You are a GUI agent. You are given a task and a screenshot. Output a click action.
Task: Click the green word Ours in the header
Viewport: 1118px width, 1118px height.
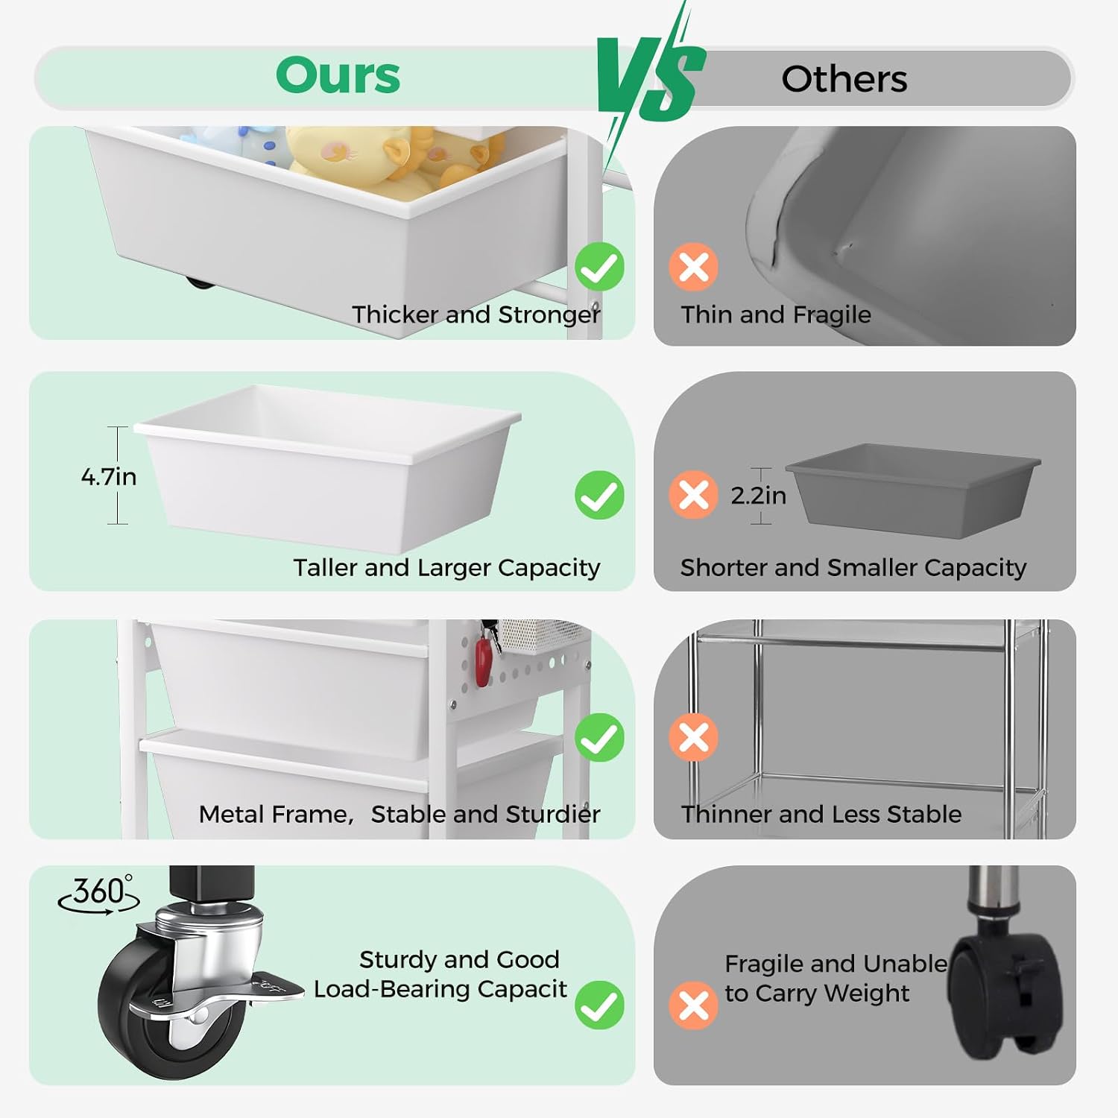click(338, 75)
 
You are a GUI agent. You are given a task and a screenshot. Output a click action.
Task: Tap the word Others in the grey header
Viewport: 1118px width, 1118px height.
click(844, 79)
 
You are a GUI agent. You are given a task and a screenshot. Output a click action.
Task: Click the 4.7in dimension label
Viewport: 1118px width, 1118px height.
click(109, 476)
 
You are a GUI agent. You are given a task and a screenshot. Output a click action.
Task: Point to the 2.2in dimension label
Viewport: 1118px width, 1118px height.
click(758, 495)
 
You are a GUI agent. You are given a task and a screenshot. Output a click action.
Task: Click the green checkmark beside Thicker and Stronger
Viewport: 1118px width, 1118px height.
click(599, 267)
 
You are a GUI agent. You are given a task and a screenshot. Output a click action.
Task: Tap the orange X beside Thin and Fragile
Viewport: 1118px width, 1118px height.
click(693, 267)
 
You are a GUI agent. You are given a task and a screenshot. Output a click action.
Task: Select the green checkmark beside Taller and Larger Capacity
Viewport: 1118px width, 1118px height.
click(599, 495)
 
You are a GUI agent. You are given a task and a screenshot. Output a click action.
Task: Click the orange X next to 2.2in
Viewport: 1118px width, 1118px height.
click(693, 495)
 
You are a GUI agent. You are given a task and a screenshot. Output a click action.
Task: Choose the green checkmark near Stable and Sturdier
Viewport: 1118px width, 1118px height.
click(599, 738)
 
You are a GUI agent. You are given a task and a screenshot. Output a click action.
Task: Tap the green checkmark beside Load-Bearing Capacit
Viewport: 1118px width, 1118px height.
click(599, 1005)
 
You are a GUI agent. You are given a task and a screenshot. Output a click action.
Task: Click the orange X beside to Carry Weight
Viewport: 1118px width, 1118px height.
click(693, 1005)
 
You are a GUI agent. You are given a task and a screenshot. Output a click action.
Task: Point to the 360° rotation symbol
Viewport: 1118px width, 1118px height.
click(99, 893)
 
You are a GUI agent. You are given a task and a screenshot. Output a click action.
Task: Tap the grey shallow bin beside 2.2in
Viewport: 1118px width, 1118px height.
click(913, 490)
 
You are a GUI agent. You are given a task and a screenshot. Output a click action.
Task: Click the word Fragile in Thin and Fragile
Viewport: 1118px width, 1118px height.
click(832, 315)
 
